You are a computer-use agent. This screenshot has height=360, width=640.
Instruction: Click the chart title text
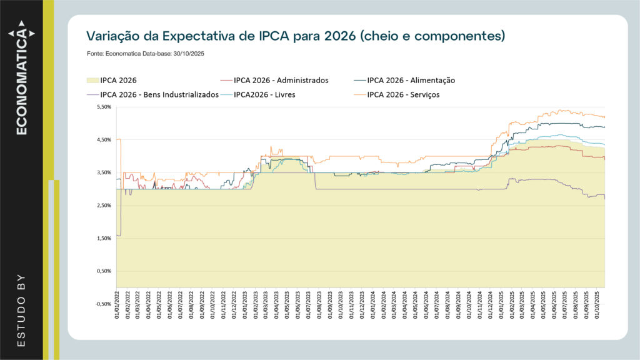click(x=295, y=36)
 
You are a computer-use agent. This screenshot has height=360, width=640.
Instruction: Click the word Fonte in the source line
click(x=96, y=54)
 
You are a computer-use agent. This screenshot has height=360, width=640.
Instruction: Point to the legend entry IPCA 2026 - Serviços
click(x=403, y=95)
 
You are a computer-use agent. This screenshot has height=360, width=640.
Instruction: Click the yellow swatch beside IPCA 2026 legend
click(x=91, y=80)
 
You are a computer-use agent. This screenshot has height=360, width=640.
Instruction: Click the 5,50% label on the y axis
click(x=102, y=107)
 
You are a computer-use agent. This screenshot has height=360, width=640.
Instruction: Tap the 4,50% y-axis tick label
click(x=102, y=140)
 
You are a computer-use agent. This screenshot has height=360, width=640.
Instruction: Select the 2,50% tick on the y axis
click(x=102, y=206)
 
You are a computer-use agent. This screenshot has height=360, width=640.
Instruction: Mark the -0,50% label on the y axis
click(x=101, y=304)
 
